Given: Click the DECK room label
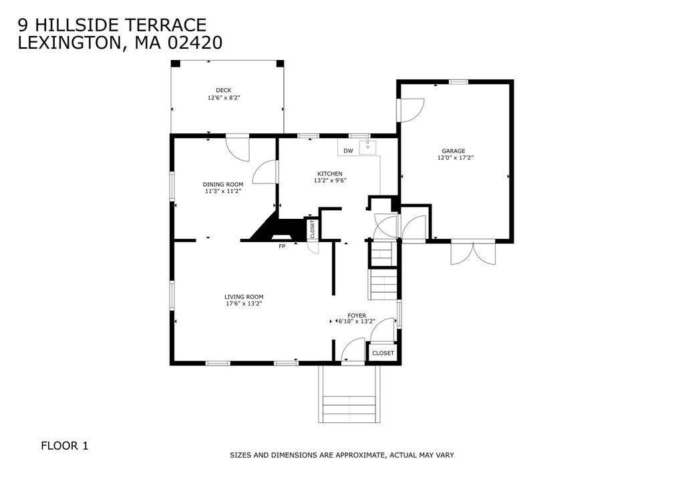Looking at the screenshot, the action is click(x=223, y=90).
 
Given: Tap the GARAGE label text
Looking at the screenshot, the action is click(x=454, y=151).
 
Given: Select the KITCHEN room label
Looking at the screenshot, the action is click(x=330, y=173).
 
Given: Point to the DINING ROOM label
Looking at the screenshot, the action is click(x=223, y=184).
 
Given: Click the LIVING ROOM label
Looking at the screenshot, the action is click(x=244, y=297).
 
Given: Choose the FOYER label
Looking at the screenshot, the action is click(x=357, y=316).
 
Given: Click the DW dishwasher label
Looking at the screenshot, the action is click(x=348, y=151).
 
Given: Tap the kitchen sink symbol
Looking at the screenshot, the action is click(x=368, y=147).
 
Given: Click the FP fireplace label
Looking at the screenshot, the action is click(x=282, y=246).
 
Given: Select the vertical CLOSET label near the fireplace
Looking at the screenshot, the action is click(x=313, y=229).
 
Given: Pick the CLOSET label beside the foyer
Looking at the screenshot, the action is click(x=383, y=353).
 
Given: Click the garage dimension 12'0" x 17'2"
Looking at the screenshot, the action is click(x=456, y=157).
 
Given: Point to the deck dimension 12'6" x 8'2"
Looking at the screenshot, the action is click(x=224, y=97).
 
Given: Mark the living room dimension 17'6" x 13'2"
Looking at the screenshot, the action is click(x=244, y=304).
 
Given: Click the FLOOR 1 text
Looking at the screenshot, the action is click(x=65, y=446).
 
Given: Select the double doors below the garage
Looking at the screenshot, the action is click(x=474, y=253).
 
